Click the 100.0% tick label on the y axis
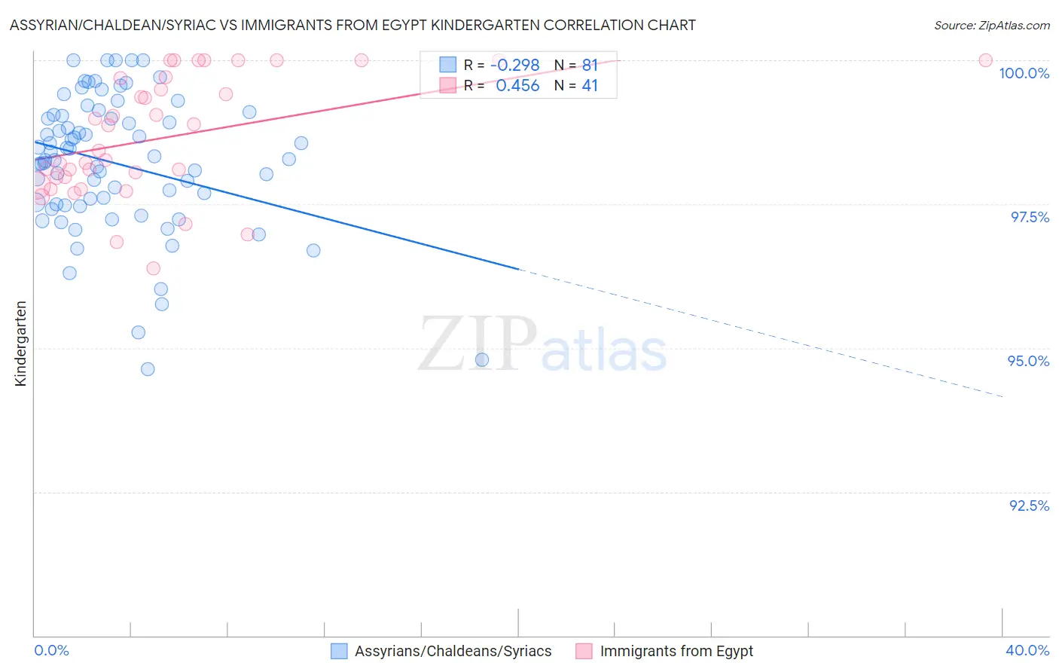(x=1024, y=73)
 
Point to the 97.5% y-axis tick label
(x=1029, y=217)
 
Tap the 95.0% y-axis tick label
(x=1028, y=361)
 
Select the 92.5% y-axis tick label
(x=1029, y=506)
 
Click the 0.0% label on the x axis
(x=51, y=650)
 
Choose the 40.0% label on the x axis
(x=1027, y=650)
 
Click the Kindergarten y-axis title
(x=20, y=344)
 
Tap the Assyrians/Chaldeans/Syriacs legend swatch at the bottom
(x=339, y=651)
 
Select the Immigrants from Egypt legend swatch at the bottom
(x=584, y=651)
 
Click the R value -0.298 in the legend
(x=515, y=66)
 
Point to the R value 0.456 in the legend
(x=517, y=86)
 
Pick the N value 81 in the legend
(x=589, y=66)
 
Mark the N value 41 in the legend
(x=589, y=86)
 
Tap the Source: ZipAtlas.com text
(x=991, y=25)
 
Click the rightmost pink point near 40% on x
(x=985, y=60)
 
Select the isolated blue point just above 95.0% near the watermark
(x=482, y=360)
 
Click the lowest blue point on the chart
(x=148, y=369)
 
